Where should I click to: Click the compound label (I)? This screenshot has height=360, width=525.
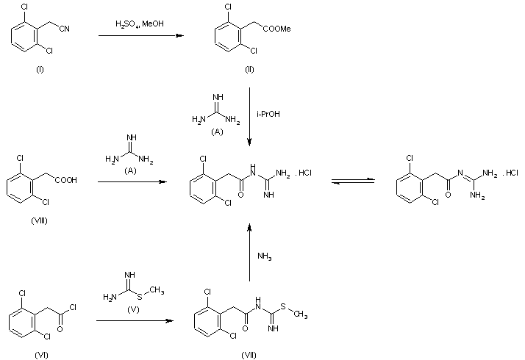tap(40, 70)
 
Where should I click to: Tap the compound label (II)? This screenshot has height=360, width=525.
tap(249, 70)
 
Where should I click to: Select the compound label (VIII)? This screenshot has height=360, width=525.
tap(39, 221)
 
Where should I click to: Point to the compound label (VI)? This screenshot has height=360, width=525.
tap(41, 355)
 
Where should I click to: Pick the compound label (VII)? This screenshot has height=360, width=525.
tap(249, 355)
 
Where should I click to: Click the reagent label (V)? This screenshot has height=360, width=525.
tap(133, 309)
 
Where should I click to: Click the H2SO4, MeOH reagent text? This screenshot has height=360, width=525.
tap(140, 24)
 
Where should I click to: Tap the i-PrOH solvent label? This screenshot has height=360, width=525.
tap(268, 114)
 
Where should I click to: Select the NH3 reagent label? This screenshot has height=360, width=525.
tap(265, 256)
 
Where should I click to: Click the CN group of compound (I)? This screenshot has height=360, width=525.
tap(64, 29)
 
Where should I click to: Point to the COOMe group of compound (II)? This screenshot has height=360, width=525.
tap(276, 29)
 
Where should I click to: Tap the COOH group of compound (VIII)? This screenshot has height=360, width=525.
tap(66, 180)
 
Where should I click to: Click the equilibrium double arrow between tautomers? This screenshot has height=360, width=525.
tap(353, 181)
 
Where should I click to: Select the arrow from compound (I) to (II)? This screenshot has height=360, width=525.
tap(141, 35)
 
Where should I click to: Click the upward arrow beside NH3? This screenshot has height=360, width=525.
tap(249, 253)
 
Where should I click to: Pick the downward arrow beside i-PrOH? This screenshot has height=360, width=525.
tap(249, 117)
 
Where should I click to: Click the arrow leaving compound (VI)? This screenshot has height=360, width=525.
tap(135, 320)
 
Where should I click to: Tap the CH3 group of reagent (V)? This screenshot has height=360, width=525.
tap(157, 290)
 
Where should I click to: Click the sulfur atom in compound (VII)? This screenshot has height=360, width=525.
tap(283, 306)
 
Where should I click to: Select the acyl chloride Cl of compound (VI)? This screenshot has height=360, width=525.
tap(73, 307)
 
